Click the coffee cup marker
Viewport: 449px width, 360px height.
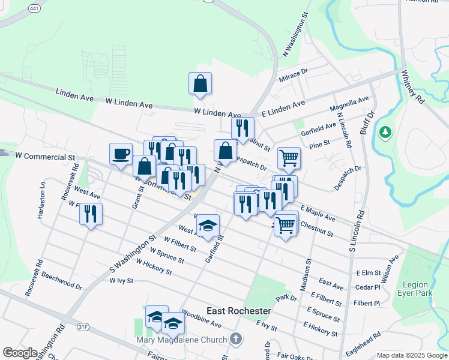(121, 154)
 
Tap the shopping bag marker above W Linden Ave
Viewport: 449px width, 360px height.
(200, 85)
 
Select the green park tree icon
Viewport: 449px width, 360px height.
(385, 131)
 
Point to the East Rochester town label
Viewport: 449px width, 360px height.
(239, 311)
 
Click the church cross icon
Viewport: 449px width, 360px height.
(237, 338)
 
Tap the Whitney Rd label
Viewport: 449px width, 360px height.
(412, 88)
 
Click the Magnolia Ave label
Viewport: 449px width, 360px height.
(349, 104)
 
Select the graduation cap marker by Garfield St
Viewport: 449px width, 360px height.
(208, 226)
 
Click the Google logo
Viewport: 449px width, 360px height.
(20, 353)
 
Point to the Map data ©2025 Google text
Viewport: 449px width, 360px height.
(411, 355)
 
